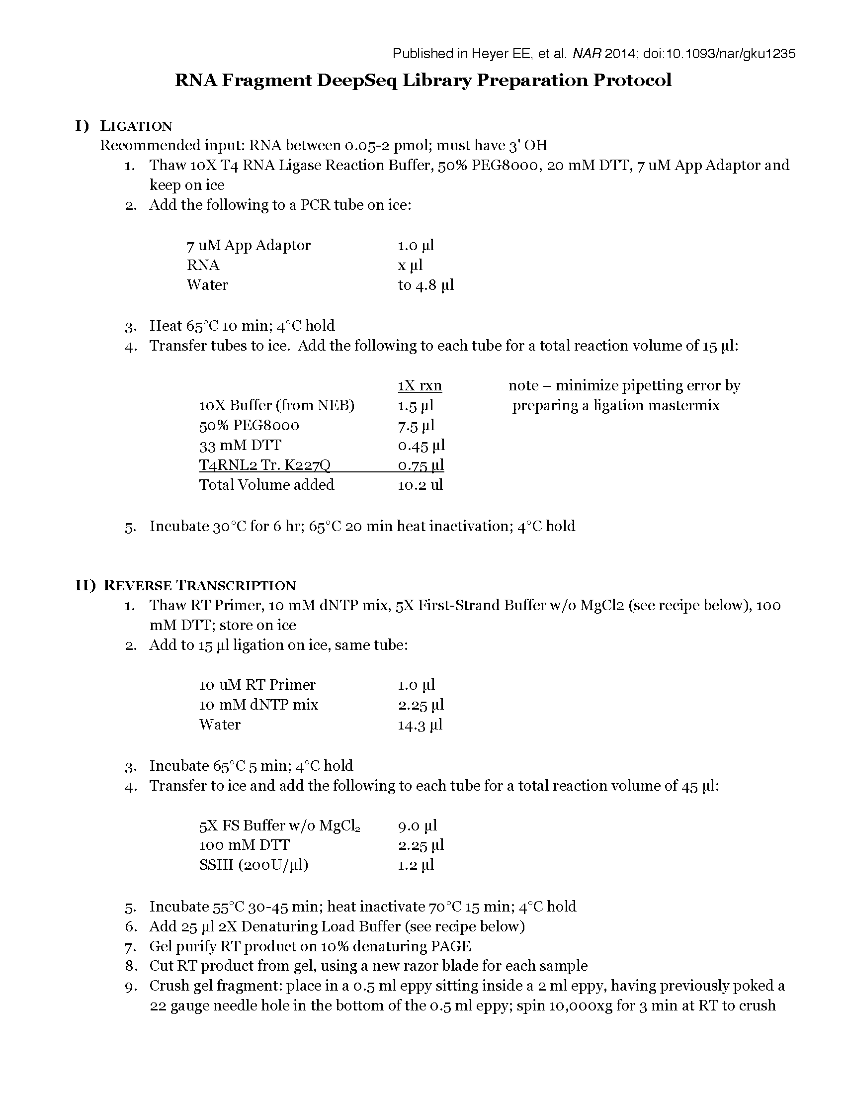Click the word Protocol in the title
[x=632, y=80]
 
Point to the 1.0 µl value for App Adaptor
[x=416, y=246]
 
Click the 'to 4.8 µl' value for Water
[x=425, y=285]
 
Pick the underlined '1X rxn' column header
[x=420, y=386]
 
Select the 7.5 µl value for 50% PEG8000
[x=416, y=425]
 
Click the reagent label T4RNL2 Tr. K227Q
[x=264, y=465]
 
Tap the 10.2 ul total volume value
[x=420, y=485]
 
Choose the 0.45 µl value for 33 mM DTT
[x=421, y=446]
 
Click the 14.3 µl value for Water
[x=420, y=725]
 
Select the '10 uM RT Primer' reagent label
[x=257, y=685]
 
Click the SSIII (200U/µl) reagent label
[x=253, y=865]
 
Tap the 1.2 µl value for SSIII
[x=416, y=865]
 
